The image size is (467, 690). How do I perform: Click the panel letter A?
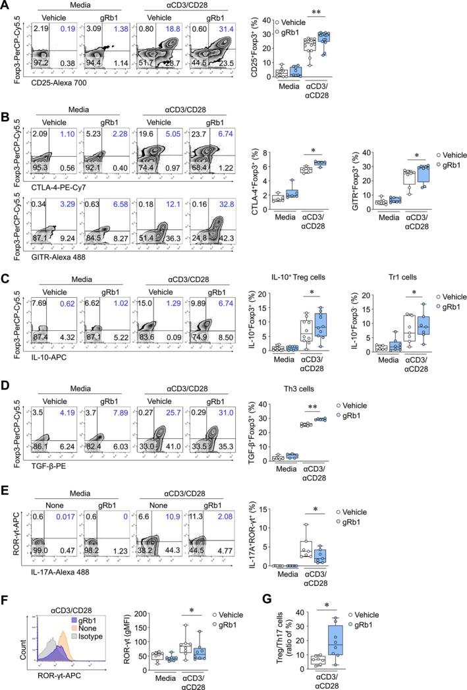click(x=6, y=6)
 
